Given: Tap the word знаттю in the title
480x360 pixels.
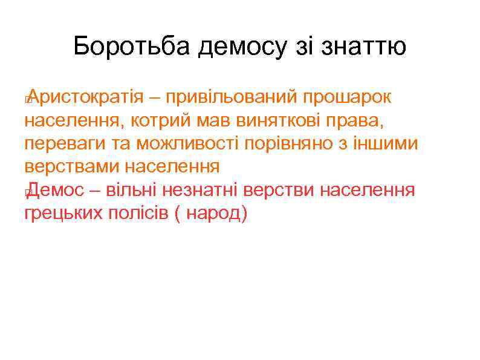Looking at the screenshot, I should coord(364,47).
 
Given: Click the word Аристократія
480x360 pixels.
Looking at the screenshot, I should coord(86,97).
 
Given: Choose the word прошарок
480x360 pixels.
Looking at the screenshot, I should coord(347,97).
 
